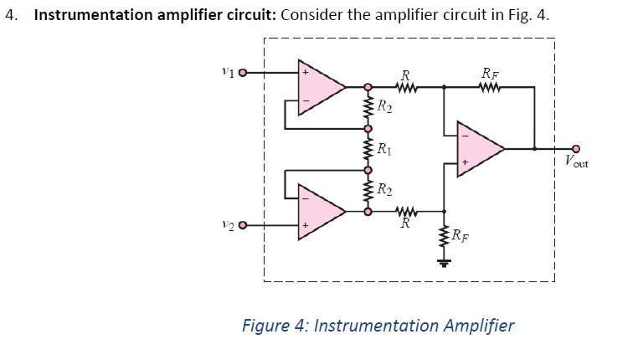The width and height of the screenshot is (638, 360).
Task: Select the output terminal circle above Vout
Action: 575,148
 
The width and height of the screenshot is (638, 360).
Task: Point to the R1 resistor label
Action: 384,151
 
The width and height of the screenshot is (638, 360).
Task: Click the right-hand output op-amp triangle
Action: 478,148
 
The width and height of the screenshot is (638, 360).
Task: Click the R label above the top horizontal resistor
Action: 405,72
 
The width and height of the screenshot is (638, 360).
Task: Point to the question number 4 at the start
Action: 9,15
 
